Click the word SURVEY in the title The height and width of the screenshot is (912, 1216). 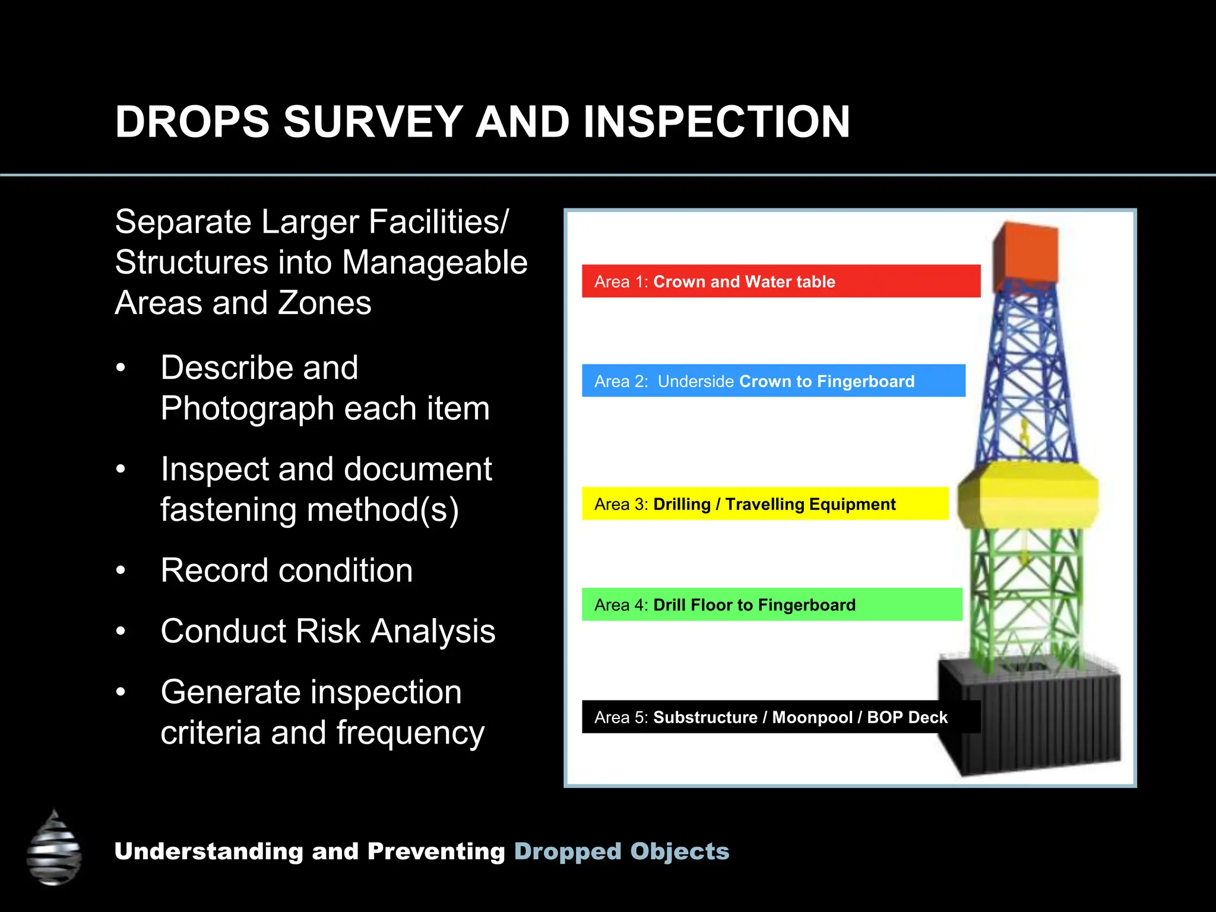tap(373, 122)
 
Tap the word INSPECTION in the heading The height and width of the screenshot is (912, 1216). tap(717, 122)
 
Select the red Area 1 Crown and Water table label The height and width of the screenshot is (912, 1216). tap(780, 281)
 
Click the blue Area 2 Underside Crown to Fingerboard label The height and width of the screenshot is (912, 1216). tap(773, 381)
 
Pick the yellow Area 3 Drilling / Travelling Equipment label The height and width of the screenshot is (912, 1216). tap(765, 504)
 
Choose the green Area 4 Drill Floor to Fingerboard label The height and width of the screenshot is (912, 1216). tap(771, 605)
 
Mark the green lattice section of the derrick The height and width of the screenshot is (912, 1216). tap(1026, 594)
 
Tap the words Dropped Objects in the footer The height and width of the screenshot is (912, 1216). tap(621, 851)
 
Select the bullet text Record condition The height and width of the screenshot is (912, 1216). tap(286, 571)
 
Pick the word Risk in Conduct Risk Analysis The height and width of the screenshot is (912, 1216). tap(328, 631)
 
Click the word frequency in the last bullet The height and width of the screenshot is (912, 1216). tap(410, 733)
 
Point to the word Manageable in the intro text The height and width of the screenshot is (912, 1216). tap(434, 262)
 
